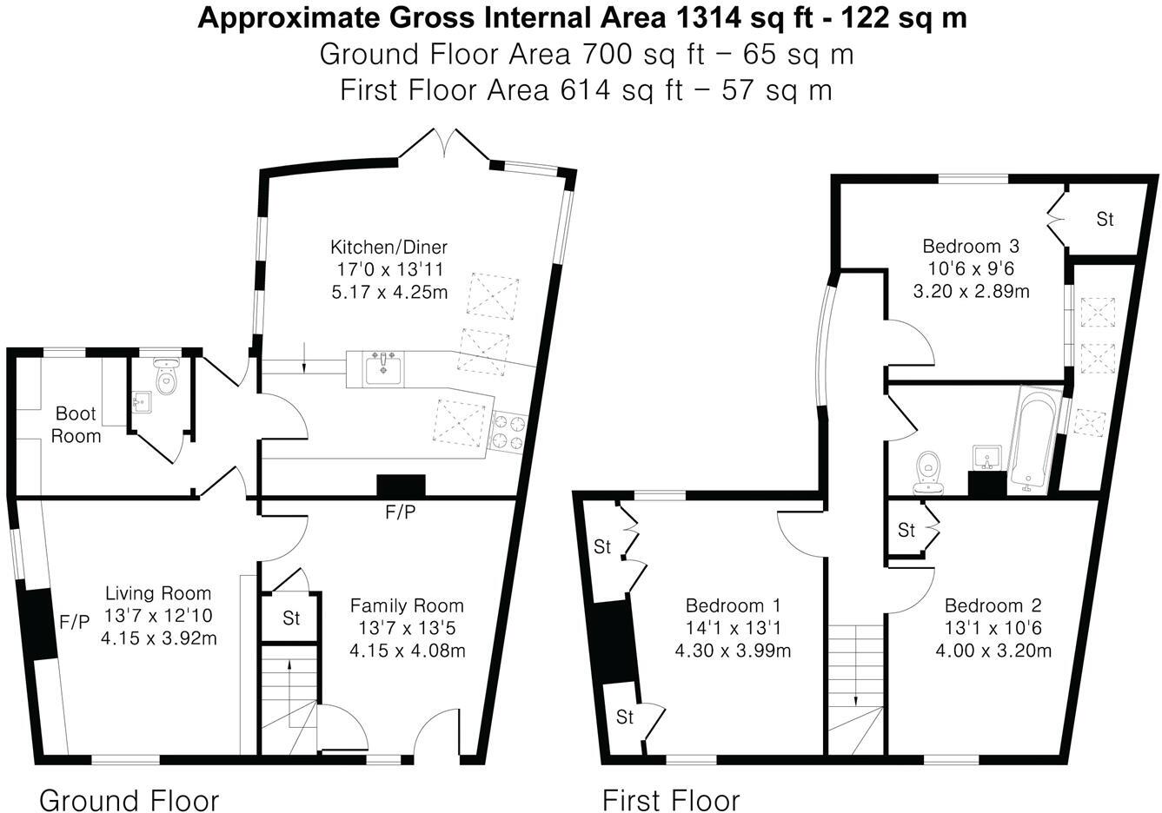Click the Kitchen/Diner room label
point(388,247)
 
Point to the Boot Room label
point(76,424)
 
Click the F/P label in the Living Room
point(74,622)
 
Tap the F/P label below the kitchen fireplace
point(400,513)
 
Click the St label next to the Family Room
point(291,618)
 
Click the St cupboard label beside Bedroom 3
point(1104,220)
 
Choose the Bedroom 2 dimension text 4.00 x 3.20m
point(993,651)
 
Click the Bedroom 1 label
point(733,605)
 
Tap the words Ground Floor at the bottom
point(129,799)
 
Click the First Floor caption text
point(671,799)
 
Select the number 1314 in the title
point(701,17)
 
